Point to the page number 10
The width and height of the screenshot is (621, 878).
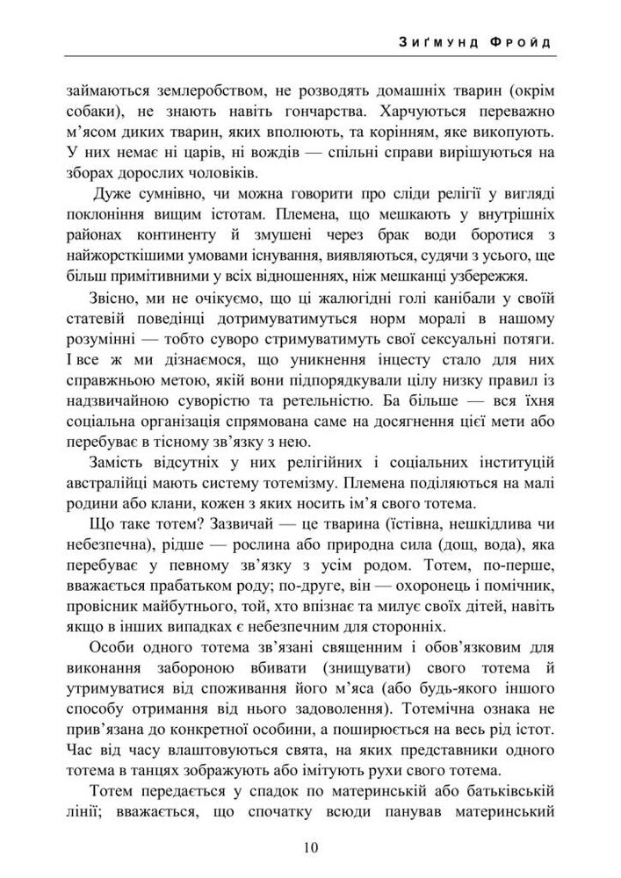coord(310,846)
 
